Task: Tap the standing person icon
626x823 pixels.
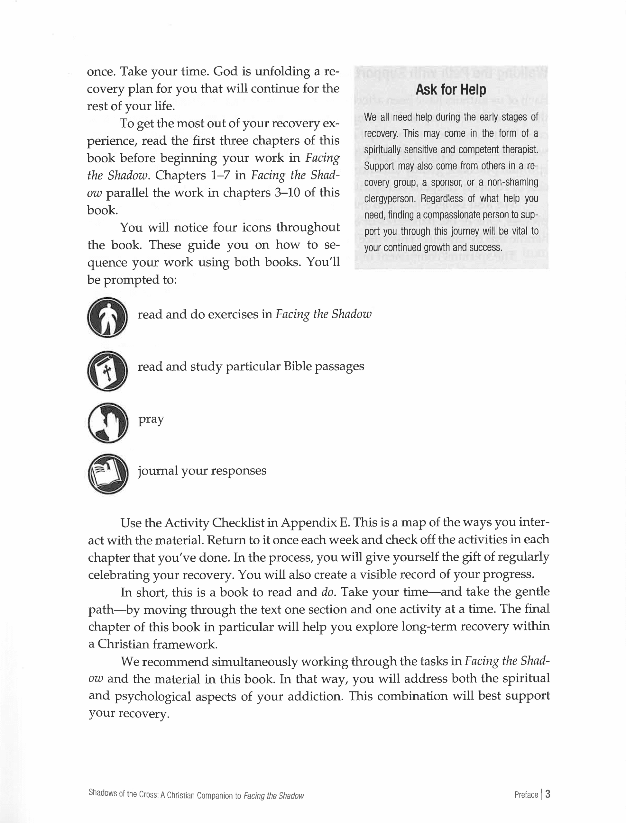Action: coord(108,317)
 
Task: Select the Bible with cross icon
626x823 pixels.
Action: coord(108,371)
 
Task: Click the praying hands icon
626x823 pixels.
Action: coord(108,423)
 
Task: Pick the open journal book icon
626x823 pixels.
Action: coord(108,474)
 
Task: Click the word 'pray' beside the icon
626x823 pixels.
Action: coord(151,419)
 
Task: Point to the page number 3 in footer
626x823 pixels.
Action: coord(548,794)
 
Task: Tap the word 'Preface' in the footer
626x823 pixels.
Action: coord(526,795)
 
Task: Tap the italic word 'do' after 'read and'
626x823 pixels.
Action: coord(327,592)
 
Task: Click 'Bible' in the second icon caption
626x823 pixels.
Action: coord(297,366)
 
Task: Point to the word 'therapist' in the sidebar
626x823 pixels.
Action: coord(520,150)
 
